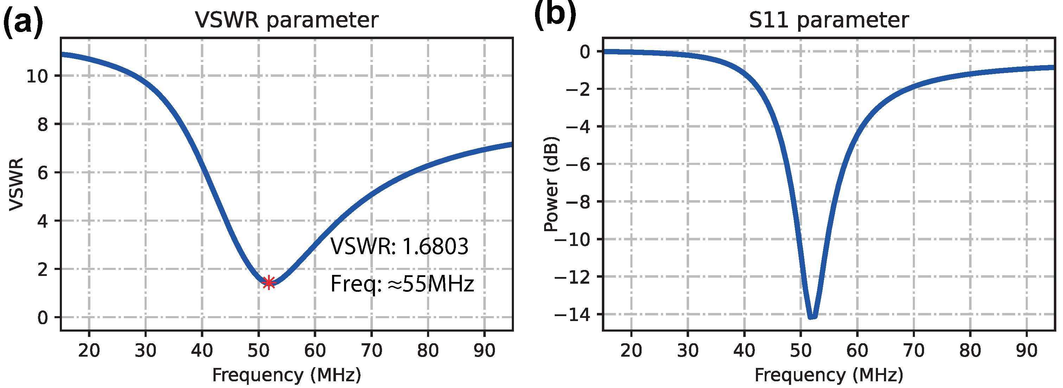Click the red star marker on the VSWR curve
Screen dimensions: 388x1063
(x=269, y=283)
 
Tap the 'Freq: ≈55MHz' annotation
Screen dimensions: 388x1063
(x=402, y=284)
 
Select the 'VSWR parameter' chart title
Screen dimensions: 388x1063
(x=286, y=20)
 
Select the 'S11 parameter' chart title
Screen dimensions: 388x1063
(x=829, y=20)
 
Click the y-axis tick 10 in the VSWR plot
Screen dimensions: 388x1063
(x=37, y=76)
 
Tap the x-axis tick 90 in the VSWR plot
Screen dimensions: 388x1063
(x=484, y=350)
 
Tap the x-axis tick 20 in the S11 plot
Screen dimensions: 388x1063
(x=631, y=350)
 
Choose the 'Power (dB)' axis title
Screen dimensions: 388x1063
(x=551, y=184)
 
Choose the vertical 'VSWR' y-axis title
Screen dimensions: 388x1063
(x=17, y=184)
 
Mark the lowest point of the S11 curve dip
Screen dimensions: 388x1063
(x=812, y=317)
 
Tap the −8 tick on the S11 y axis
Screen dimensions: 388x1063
(x=578, y=202)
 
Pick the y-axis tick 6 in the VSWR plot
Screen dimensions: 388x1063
(x=43, y=173)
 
